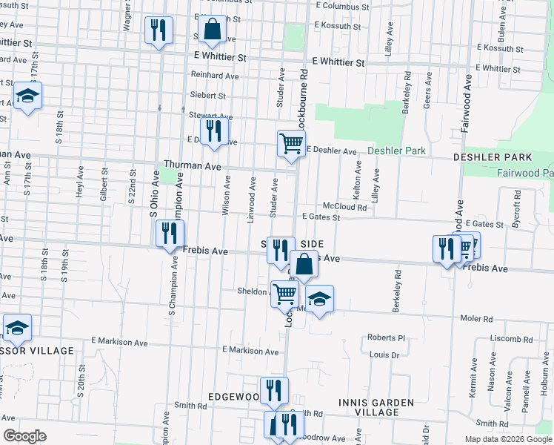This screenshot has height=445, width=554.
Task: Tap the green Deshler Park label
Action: tap(397, 151)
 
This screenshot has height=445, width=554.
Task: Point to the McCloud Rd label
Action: tap(344, 207)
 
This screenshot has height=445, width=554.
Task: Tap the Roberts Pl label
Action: tap(387, 337)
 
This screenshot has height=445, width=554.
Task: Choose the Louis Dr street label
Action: tap(384, 355)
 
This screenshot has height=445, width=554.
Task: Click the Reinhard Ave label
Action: tap(215, 76)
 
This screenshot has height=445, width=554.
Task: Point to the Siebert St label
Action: tap(208, 96)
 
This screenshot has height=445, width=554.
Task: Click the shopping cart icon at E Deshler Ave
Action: tap(291, 143)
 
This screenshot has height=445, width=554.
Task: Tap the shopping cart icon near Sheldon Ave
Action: tap(284, 293)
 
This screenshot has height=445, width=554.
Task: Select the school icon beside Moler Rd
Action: tap(319, 299)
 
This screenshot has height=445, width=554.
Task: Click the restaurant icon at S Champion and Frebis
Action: tap(170, 233)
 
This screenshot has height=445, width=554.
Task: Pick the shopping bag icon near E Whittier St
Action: tap(212, 30)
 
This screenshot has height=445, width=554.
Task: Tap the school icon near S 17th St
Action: tap(27, 96)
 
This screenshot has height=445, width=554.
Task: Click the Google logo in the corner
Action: tap(24, 435)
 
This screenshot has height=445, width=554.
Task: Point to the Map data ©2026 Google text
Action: tap(508, 438)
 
